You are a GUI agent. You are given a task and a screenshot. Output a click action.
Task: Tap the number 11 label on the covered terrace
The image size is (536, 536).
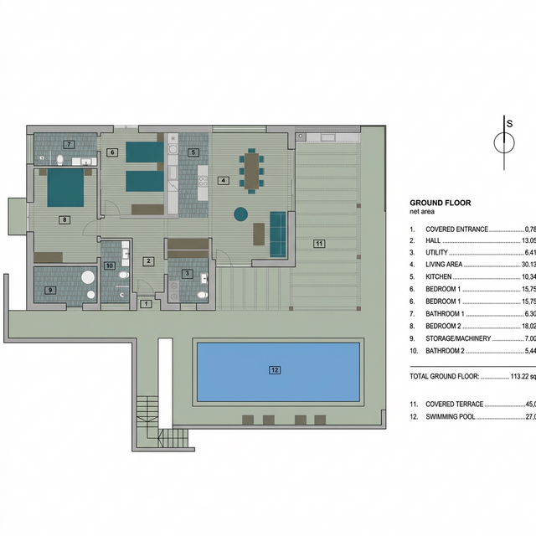[x=318, y=244]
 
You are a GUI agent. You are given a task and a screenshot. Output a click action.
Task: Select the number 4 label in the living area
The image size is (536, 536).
[x=223, y=179]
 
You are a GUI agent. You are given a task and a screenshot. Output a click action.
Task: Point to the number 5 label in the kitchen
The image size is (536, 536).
[x=193, y=152]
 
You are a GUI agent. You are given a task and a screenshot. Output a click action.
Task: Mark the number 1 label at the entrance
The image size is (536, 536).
[x=146, y=304]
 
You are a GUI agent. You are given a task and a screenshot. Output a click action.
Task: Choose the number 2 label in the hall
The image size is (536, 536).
[x=148, y=261]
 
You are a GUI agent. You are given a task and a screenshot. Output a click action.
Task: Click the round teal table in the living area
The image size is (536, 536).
[x=240, y=214]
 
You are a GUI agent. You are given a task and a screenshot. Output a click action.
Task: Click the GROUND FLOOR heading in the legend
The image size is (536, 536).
[x=440, y=203]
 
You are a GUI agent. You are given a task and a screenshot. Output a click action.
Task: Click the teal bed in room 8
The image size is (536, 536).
[x=64, y=188]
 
